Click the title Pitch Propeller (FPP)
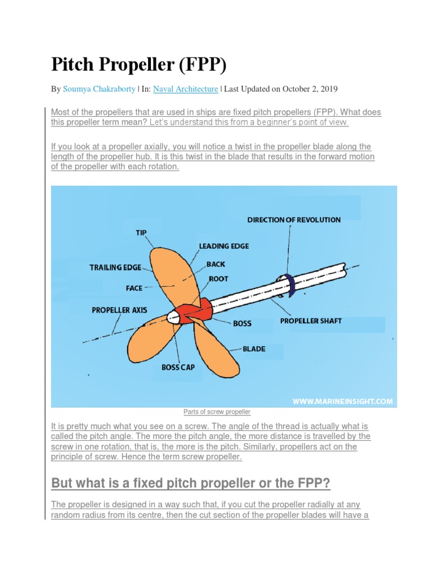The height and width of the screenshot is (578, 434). click(138, 65)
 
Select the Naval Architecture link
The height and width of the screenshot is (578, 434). click(185, 89)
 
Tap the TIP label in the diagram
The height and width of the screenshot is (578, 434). click(141, 233)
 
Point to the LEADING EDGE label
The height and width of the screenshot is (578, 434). click(224, 246)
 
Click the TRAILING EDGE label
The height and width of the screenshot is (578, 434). click(115, 268)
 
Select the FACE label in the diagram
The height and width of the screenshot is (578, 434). click(134, 288)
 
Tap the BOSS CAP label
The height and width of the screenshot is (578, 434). click(178, 367)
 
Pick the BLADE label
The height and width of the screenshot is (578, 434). click(254, 349)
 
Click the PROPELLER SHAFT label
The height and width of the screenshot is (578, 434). click(311, 321)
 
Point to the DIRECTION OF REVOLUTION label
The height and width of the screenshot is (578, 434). click(294, 220)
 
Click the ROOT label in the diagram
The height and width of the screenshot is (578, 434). click(219, 279)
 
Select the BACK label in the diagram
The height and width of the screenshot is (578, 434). click(216, 264)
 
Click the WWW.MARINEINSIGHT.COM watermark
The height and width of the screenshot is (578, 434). click(342, 401)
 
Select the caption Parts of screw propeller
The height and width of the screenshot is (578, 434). click(217, 412)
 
